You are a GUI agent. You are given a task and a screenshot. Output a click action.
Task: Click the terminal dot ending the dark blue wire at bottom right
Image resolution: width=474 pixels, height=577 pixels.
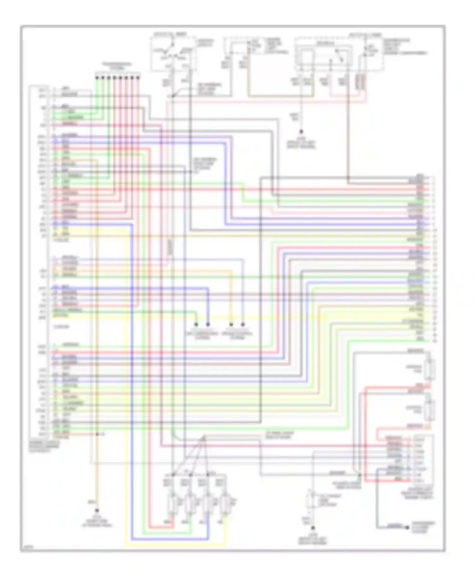coord(407,527)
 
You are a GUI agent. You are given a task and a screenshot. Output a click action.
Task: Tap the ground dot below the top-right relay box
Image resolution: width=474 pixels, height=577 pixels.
coord(301,131)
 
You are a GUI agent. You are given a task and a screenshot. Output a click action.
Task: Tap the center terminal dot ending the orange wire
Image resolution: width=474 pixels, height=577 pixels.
coord(231,324)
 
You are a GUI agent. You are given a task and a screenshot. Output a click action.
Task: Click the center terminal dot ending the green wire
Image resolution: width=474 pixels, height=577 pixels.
coord(196,324)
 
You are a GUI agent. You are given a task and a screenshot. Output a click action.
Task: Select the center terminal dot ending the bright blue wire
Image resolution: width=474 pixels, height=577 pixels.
coord(208,324)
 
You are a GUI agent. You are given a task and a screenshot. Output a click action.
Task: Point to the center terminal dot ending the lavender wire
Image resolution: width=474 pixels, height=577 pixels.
coord(243,324)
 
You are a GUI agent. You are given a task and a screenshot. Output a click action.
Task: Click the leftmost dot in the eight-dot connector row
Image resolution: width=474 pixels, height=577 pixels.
coord(97,77)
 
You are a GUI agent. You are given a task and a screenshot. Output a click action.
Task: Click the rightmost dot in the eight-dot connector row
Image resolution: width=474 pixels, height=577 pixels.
coord(138,77)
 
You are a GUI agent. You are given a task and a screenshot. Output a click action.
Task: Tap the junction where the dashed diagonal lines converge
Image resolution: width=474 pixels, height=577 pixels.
coord(204,438)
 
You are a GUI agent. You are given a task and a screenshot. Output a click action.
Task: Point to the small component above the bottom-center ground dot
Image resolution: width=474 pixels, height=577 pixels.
coord(311,501)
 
